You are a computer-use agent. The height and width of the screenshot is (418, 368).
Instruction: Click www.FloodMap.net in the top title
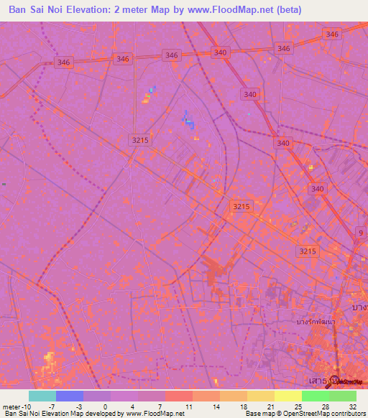click(224, 9)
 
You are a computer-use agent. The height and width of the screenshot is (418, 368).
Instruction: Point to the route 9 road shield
click(360, 233)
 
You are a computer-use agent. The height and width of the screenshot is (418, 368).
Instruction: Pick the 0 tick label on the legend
click(105, 407)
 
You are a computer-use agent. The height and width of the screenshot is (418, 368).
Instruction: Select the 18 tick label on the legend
click(243, 407)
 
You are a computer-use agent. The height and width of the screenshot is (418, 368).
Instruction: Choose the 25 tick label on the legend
click(298, 407)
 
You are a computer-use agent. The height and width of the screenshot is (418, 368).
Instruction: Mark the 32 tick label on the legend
click(352, 407)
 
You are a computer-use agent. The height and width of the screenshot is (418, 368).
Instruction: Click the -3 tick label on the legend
click(80, 407)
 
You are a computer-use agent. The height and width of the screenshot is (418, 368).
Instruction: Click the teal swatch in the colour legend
click(42, 396)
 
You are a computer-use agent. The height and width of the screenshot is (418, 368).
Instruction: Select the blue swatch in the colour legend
click(70, 396)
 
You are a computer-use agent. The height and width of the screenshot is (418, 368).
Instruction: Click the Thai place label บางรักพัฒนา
click(316, 322)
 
